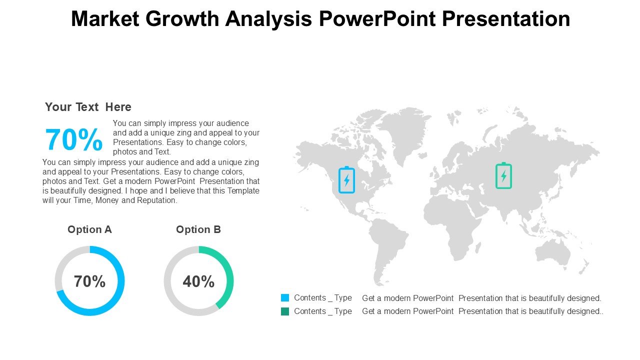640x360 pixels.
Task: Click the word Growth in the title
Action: (x=182, y=19)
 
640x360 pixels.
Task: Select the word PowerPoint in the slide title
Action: (x=377, y=19)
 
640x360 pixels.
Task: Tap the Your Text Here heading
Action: (x=88, y=107)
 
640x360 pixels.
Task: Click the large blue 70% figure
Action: (x=73, y=139)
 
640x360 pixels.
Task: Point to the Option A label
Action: (x=89, y=229)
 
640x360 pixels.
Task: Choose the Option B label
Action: (x=198, y=229)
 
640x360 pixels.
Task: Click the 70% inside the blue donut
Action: (x=89, y=281)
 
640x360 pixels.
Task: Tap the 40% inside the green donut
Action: (x=198, y=281)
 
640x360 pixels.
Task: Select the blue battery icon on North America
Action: (x=346, y=179)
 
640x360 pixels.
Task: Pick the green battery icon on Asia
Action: (x=503, y=175)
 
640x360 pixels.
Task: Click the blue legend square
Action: (x=285, y=297)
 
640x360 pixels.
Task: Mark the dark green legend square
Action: (x=285, y=311)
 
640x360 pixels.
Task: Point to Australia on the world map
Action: (x=553, y=253)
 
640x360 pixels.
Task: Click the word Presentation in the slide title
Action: (x=506, y=19)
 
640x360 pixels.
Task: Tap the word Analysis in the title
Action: (x=268, y=19)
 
